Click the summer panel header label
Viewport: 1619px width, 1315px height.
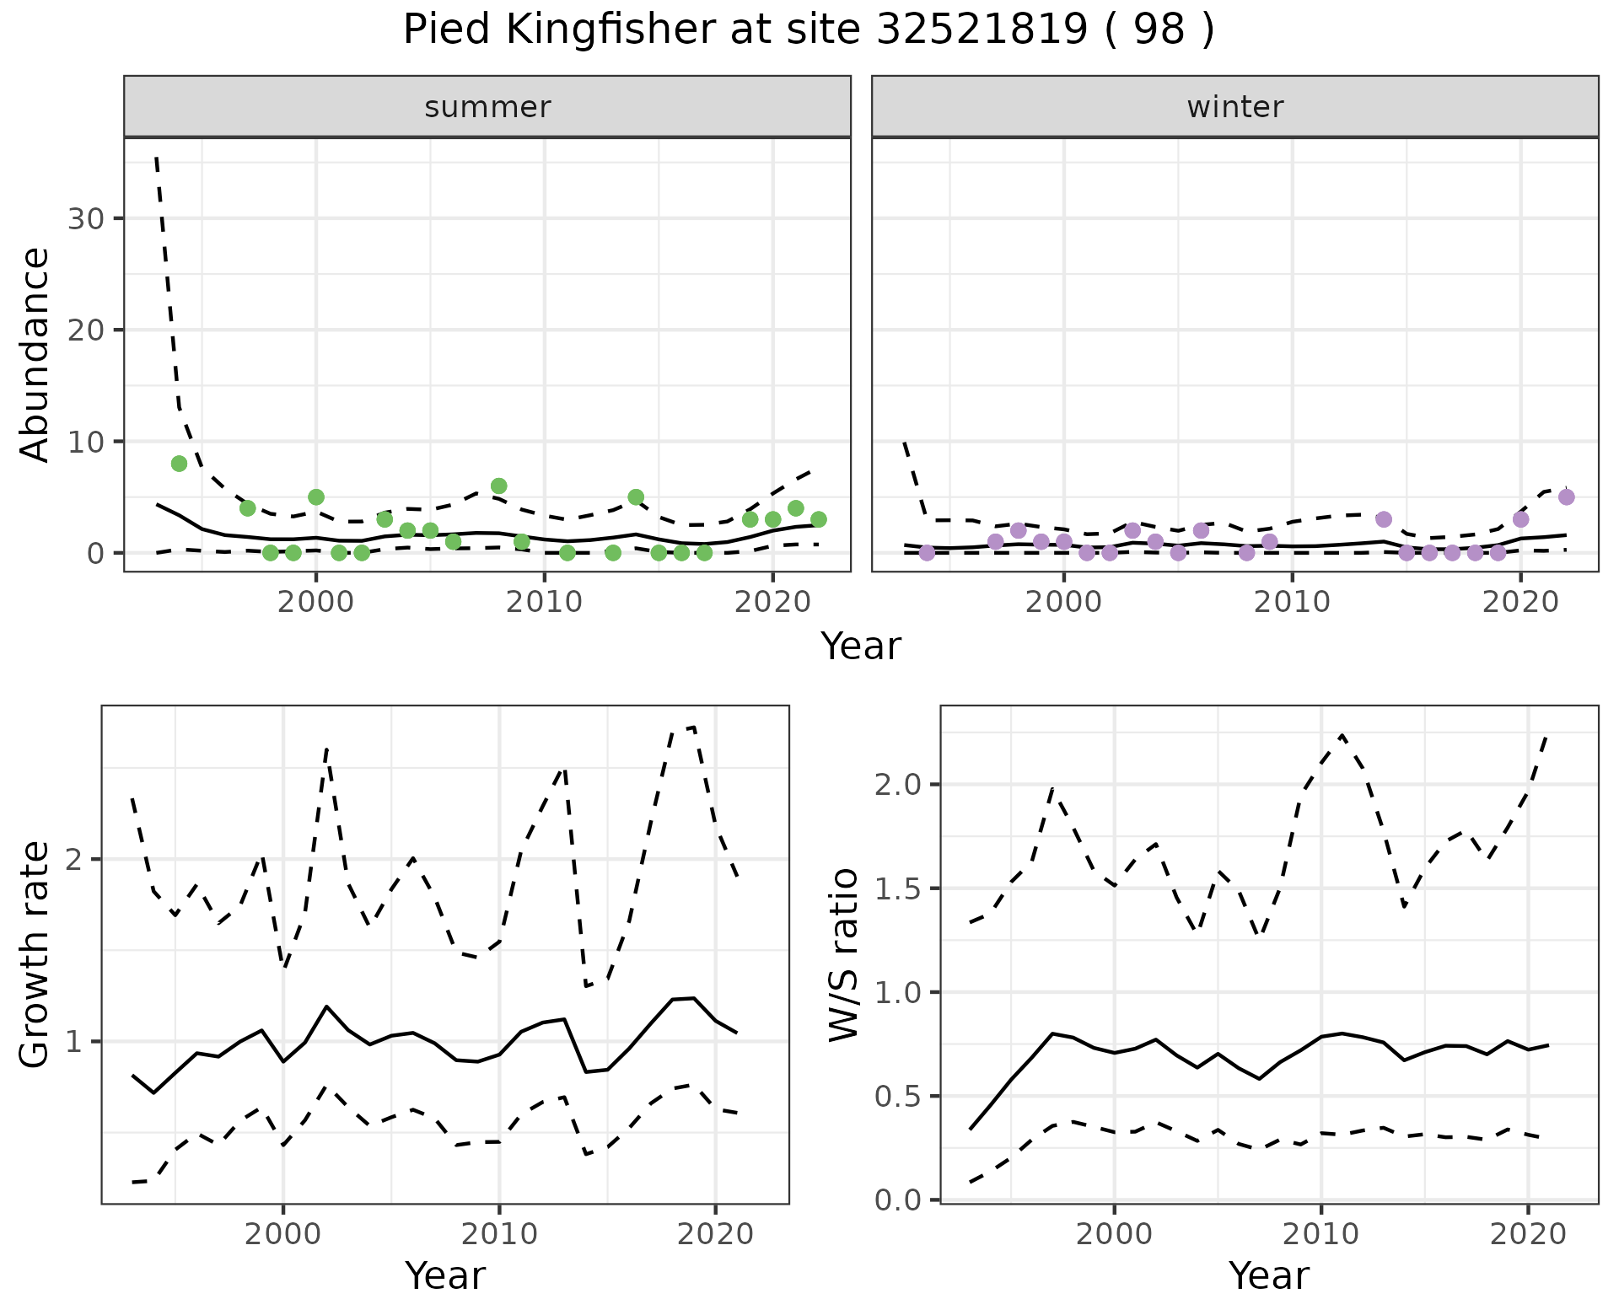(487, 107)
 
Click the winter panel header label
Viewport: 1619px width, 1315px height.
(1234, 107)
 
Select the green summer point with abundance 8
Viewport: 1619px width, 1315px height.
(179, 464)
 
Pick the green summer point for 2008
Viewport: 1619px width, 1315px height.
(498, 486)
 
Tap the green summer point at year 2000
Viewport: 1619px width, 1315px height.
(316, 497)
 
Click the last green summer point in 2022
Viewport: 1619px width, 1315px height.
(818, 519)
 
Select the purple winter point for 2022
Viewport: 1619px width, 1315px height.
(1566, 497)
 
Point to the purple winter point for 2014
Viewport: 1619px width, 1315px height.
(1383, 519)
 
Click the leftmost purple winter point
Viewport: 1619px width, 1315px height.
(927, 553)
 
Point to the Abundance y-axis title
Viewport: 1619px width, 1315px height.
(35, 354)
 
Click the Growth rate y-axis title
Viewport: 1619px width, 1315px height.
(35, 954)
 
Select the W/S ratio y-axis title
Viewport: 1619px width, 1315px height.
(844, 954)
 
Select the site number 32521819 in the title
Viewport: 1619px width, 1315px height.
(982, 30)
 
